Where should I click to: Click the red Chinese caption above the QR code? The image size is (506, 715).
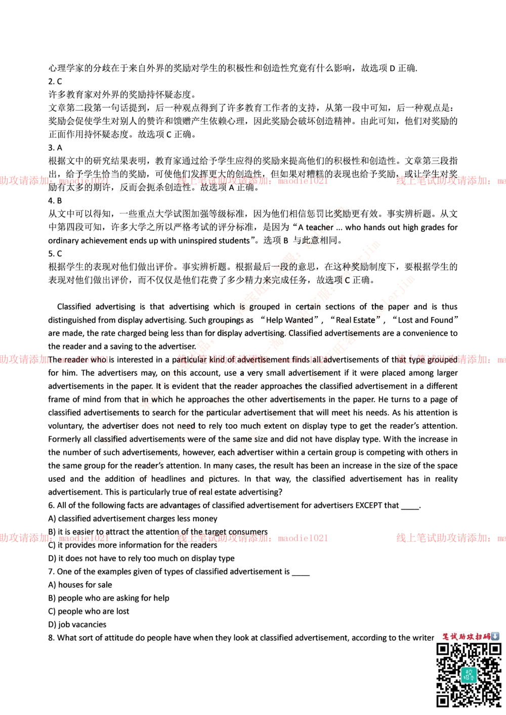466,637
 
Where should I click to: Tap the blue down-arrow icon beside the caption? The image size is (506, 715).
495,636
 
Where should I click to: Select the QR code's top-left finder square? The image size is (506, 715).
443,649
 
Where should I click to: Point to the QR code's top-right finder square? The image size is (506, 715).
494,649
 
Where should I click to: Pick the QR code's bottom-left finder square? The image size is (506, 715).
443,700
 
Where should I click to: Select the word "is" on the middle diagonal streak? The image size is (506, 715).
242,307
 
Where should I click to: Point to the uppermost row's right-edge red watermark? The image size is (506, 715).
450,181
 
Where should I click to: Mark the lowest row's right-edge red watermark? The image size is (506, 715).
450,538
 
